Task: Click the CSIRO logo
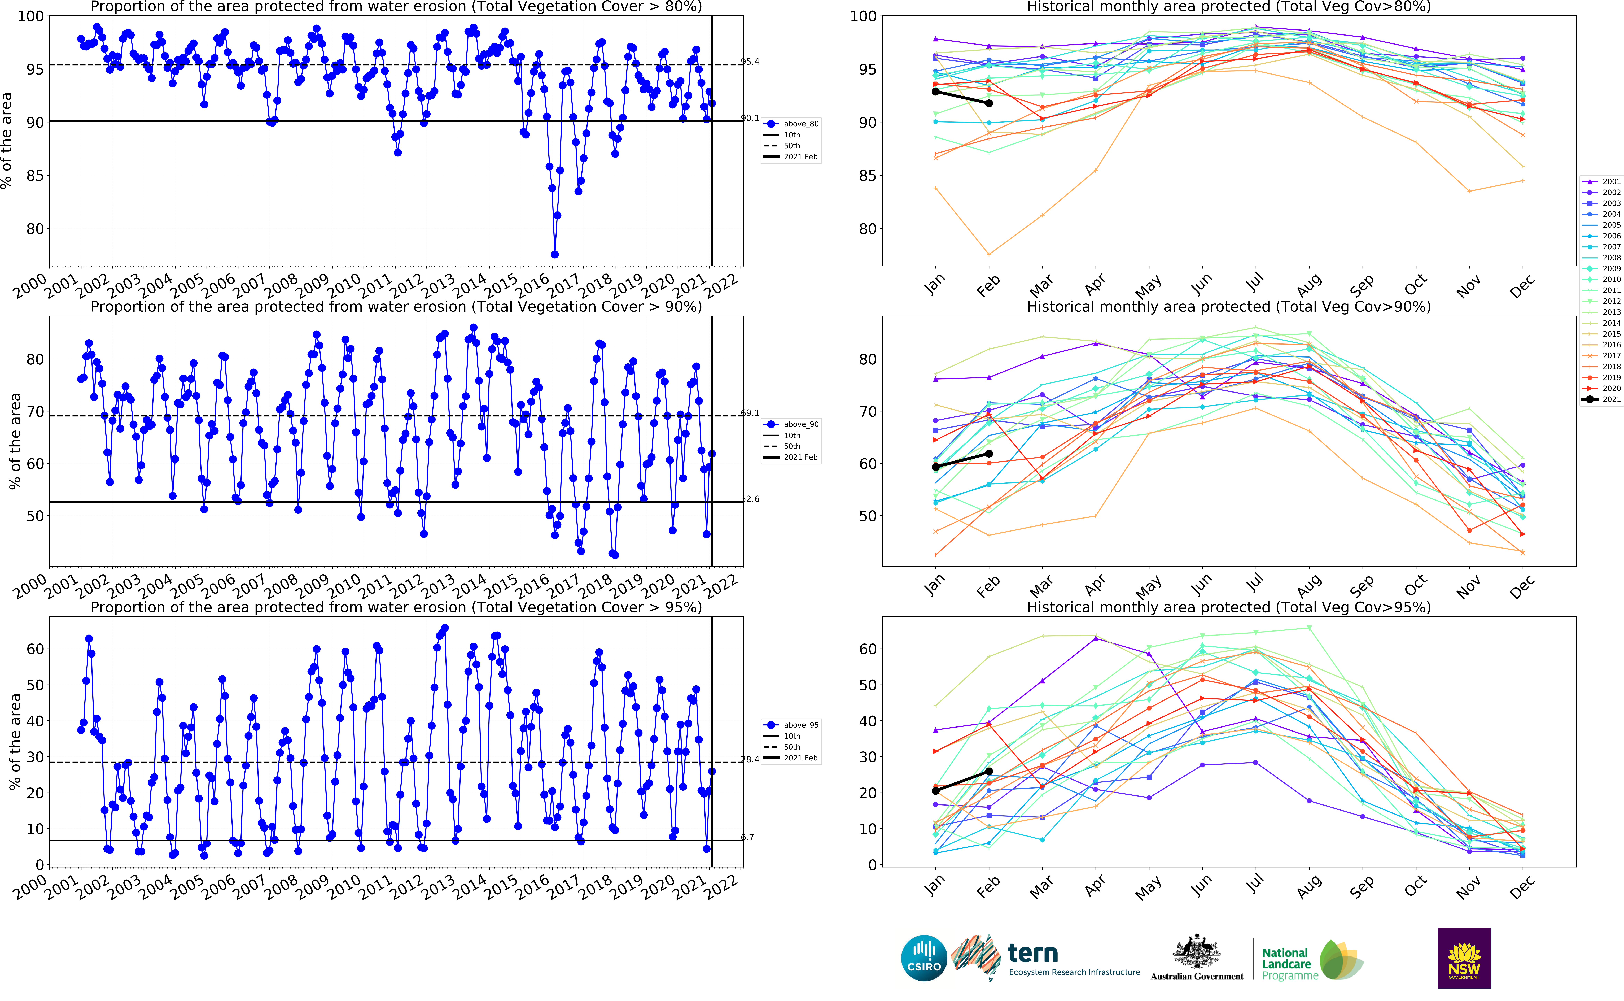pyautogui.click(x=924, y=958)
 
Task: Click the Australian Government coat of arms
pyautogui.click(x=1197, y=952)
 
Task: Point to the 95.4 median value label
pyautogui.click(x=750, y=62)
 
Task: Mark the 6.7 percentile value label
pyautogui.click(x=747, y=837)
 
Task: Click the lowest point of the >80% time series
pyautogui.click(x=555, y=254)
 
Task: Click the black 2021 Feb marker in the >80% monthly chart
pyautogui.click(x=989, y=103)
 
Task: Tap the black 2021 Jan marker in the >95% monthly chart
pyautogui.click(x=935, y=790)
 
